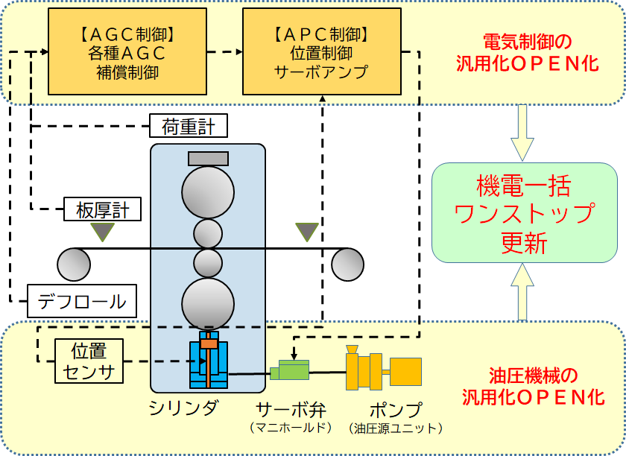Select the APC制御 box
pyautogui.click(x=322, y=52)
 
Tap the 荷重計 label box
pyautogui.click(x=189, y=127)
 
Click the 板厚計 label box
pyautogui.click(x=103, y=211)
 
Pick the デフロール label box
pyautogui.click(x=82, y=302)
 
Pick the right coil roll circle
pyautogui.click(x=347, y=263)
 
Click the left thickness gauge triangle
pyautogui.click(x=101, y=232)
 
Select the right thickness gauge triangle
pyautogui.click(x=306, y=232)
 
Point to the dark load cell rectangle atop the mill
pyautogui.click(x=208, y=158)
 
